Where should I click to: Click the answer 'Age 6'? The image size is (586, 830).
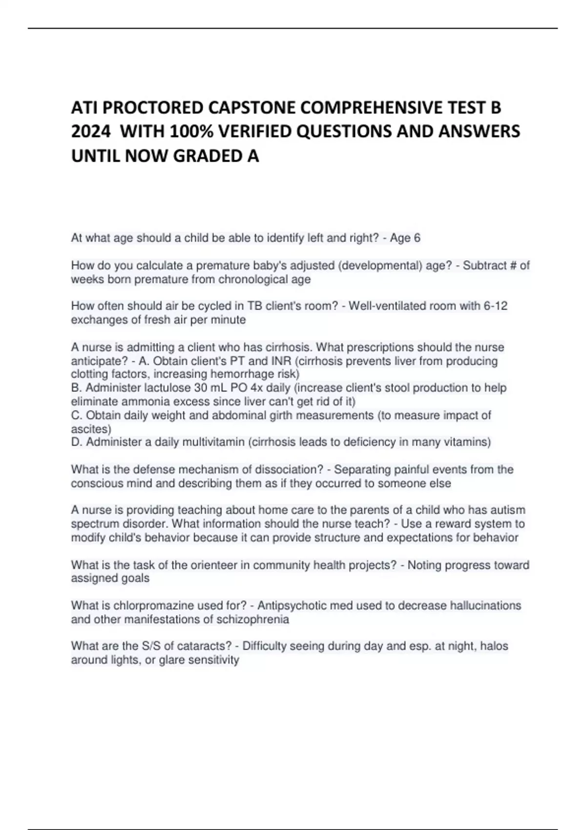point(405,238)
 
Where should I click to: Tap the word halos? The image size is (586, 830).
point(494,646)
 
